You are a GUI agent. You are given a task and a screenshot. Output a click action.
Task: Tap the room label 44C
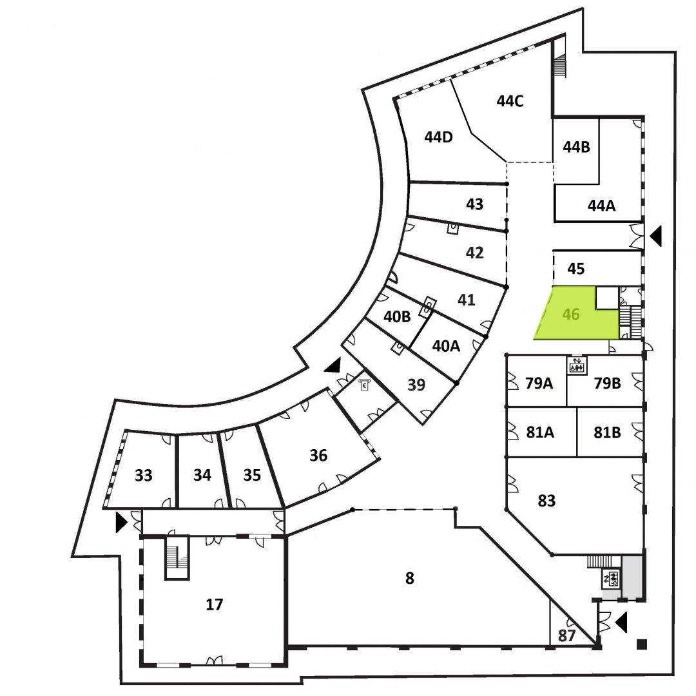click(510, 101)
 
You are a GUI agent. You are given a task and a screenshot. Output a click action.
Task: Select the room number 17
click(214, 604)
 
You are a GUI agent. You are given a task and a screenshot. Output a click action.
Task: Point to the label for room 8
click(409, 578)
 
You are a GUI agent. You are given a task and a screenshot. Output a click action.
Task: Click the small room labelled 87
click(566, 635)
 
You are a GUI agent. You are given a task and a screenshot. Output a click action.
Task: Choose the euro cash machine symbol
click(364, 385)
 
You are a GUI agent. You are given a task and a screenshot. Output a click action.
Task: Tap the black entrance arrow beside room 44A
click(655, 236)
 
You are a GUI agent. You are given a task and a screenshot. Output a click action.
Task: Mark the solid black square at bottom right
click(641, 644)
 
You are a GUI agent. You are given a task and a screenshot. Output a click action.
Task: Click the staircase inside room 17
click(177, 557)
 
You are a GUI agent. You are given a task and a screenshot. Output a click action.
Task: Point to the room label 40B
click(397, 317)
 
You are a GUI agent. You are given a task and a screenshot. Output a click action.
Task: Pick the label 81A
click(540, 432)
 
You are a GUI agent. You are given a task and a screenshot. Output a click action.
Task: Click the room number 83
click(546, 501)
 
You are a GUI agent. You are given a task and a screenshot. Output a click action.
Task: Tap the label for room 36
click(318, 456)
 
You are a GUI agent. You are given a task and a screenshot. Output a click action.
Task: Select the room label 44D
click(438, 137)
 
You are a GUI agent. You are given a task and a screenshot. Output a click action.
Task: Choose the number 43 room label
click(474, 204)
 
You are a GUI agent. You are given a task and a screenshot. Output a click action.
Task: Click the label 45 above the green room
click(575, 269)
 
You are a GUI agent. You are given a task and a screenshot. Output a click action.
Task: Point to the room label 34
click(202, 475)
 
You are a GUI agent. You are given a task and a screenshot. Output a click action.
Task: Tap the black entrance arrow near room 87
click(621, 623)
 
